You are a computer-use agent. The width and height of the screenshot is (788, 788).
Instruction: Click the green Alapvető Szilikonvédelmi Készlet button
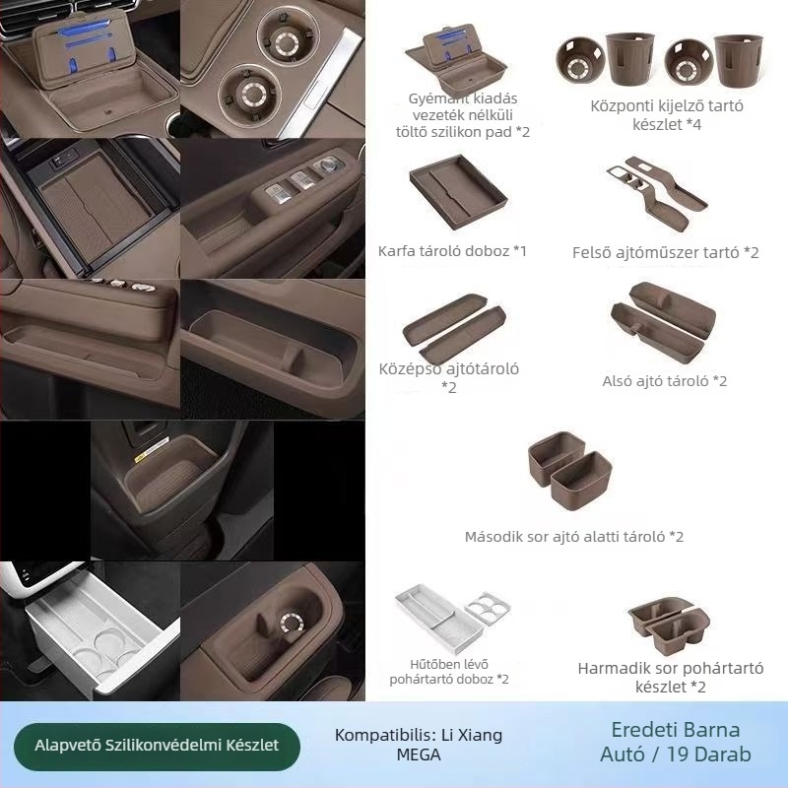(157, 746)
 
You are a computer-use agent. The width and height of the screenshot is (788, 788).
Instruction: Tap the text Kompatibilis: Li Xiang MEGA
(419, 745)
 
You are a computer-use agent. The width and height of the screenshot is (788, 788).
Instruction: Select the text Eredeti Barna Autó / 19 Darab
(676, 742)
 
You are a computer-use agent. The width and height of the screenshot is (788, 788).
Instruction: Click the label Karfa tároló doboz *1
(452, 251)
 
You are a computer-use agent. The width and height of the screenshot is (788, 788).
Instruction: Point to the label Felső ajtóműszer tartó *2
(666, 252)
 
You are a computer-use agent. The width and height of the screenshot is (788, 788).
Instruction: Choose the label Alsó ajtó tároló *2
(664, 381)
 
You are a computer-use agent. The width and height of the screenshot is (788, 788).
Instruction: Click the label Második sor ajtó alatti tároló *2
(574, 537)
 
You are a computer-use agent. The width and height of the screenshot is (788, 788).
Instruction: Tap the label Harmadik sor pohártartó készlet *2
(671, 678)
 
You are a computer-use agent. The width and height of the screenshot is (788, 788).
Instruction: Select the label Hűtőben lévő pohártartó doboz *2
(449, 672)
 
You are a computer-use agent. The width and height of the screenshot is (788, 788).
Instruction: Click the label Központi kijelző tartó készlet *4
(667, 115)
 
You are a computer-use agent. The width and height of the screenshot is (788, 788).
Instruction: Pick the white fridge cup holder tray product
(452, 619)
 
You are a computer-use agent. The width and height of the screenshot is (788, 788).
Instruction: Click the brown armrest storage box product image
(458, 192)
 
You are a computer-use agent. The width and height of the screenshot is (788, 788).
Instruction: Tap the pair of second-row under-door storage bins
(570, 471)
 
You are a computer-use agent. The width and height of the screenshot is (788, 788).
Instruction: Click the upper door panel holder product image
(656, 193)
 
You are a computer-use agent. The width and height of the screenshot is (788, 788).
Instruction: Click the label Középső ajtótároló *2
(449, 378)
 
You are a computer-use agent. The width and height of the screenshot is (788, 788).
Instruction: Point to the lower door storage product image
(663, 322)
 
